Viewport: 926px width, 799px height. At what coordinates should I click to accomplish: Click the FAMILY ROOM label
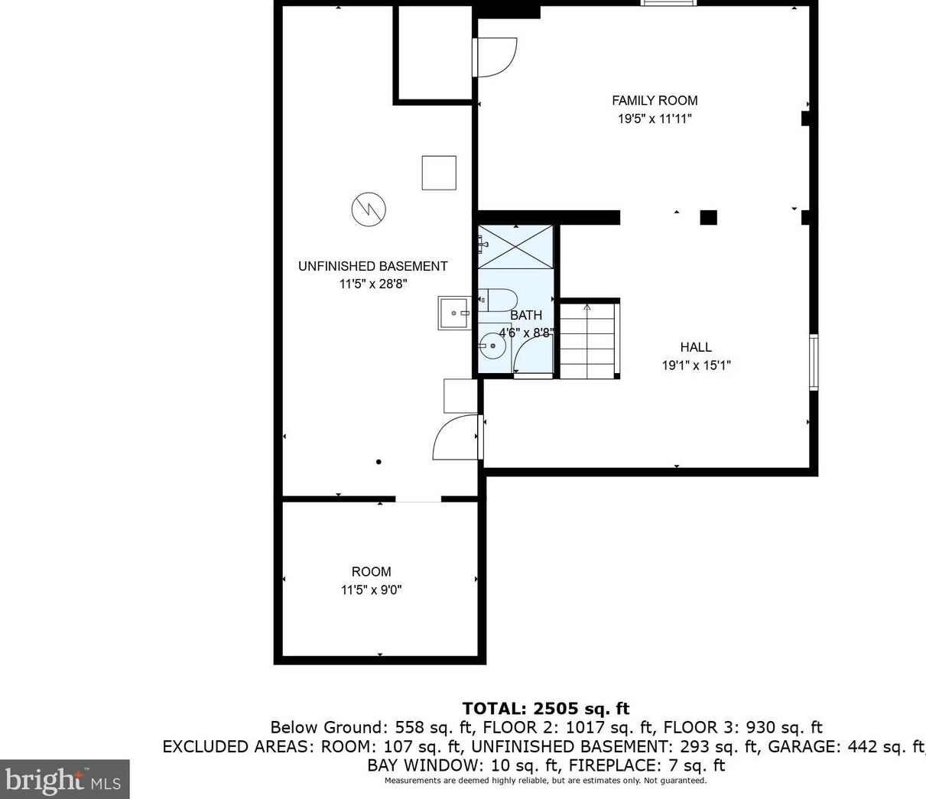click(x=655, y=100)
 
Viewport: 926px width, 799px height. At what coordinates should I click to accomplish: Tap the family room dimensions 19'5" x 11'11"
click(x=655, y=119)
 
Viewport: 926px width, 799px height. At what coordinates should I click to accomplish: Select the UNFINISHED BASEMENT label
click(x=372, y=266)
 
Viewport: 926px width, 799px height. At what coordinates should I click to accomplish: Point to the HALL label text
click(x=696, y=347)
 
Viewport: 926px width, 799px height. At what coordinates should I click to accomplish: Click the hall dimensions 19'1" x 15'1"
click(x=696, y=365)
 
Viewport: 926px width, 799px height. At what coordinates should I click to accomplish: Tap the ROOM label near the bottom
click(x=372, y=571)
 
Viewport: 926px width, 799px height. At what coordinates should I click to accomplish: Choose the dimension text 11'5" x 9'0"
click(x=372, y=590)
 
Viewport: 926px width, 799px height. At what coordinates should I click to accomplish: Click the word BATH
click(x=526, y=315)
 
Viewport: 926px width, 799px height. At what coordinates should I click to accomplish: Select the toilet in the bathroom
click(x=498, y=300)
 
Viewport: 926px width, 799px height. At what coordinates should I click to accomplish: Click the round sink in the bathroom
click(x=492, y=346)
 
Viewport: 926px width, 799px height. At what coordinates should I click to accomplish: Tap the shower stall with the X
click(x=515, y=247)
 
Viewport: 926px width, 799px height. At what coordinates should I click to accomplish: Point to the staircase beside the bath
click(x=589, y=340)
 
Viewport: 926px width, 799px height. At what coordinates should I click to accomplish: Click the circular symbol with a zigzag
click(x=369, y=209)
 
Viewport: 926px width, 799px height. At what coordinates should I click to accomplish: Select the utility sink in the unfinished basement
click(x=455, y=313)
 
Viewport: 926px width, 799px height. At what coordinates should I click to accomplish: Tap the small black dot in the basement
click(x=379, y=462)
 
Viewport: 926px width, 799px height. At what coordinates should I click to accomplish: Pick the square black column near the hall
click(x=708, y=217)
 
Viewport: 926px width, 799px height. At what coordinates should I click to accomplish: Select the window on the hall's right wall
click(x=814, y=362)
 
